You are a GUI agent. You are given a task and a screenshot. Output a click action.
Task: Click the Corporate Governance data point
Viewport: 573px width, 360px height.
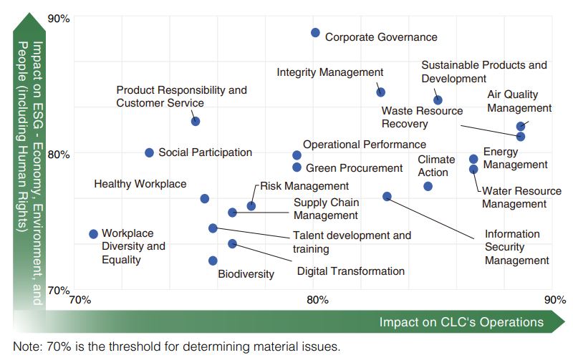[x=315, y=33]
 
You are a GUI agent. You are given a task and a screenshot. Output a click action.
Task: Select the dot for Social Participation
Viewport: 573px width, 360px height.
[x=150, y=152]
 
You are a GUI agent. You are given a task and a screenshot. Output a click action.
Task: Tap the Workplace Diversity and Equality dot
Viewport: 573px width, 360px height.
[x=93, y=234]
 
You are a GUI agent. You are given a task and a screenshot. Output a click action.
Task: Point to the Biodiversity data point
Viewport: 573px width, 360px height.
[x=213, y=261]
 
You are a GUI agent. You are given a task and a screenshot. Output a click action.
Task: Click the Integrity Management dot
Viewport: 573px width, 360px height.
[x=381, y=92]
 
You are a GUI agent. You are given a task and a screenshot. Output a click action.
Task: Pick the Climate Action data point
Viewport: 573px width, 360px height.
[x=428, y=186]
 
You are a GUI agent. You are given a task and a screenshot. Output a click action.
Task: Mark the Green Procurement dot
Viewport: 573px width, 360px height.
[x=297, y=167]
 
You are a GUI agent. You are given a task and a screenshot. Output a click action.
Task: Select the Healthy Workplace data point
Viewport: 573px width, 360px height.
[x=204, y=198]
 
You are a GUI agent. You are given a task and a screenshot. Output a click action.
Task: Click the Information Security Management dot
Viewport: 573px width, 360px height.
[x=387, y=196]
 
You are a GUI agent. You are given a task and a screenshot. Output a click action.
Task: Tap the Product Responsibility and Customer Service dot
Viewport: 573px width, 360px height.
[x=196, y=121]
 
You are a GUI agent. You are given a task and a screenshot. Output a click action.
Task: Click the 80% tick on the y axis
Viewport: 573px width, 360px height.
[x=58, y=154]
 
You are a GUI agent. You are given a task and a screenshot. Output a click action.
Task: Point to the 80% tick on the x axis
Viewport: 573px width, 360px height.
[x=317, y=299]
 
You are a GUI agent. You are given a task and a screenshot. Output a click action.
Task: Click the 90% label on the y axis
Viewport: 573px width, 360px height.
[x=58, y=18]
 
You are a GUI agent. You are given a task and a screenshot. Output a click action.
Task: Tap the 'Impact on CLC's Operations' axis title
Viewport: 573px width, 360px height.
[x=461, y=322]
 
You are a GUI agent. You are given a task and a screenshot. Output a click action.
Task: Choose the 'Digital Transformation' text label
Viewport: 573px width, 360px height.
[x=350, y=271]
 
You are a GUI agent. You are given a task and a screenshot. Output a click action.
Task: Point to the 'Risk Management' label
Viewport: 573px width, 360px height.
[x=294, y=185]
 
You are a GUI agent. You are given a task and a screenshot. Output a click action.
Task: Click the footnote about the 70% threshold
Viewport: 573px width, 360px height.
[x=176, y=347]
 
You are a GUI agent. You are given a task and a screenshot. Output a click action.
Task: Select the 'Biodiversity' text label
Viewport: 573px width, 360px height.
[x=246, y=274]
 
